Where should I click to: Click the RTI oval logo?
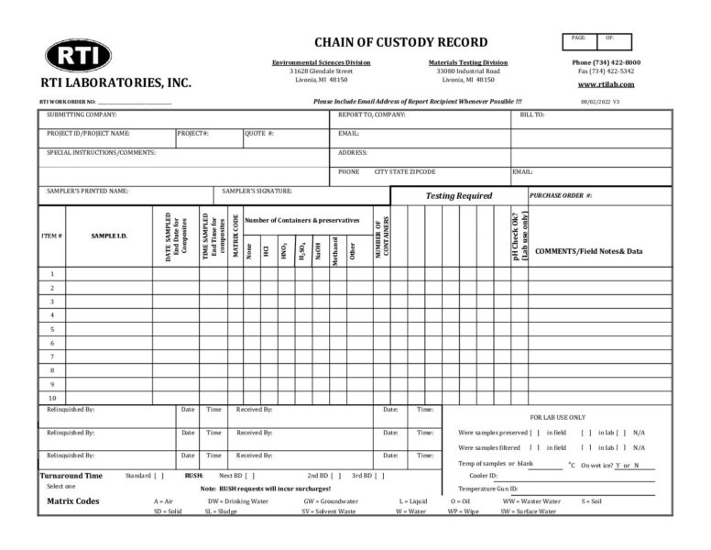pyautogui.click(x=78, y=56)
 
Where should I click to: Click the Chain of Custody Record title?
pyautogui.click(x=400, y=42)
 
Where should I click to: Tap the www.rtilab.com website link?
pyautogui.click(x=606, y=84)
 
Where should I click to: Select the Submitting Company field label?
pyautogui.click(x=82, y=115)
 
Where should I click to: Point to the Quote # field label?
pyautogui.click(x=259, y=134)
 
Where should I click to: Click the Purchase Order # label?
pyautogui.click(x=561, y=195)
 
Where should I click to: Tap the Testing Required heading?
pyautogui.click(x=458, y=196)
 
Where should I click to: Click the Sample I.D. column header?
pyautogui.click(x=109, y=236)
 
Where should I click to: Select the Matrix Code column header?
pyautogui.click(x=235, y=236)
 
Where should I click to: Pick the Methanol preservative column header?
pyautogui.click(x=336, y=248)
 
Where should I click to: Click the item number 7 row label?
pyautogui.click(x=52, y=357)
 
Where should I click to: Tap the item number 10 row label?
pyautogui.click(x=52, y=398)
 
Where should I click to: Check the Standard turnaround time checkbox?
pyautogui.click(x=159, y=476)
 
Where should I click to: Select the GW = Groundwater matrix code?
pyautogui.click(x=331, y=501)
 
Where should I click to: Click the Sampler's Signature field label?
pyautogui.click(x=257, y=192)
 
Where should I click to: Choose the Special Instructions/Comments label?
pyautogui.click(x=101, y=152)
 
